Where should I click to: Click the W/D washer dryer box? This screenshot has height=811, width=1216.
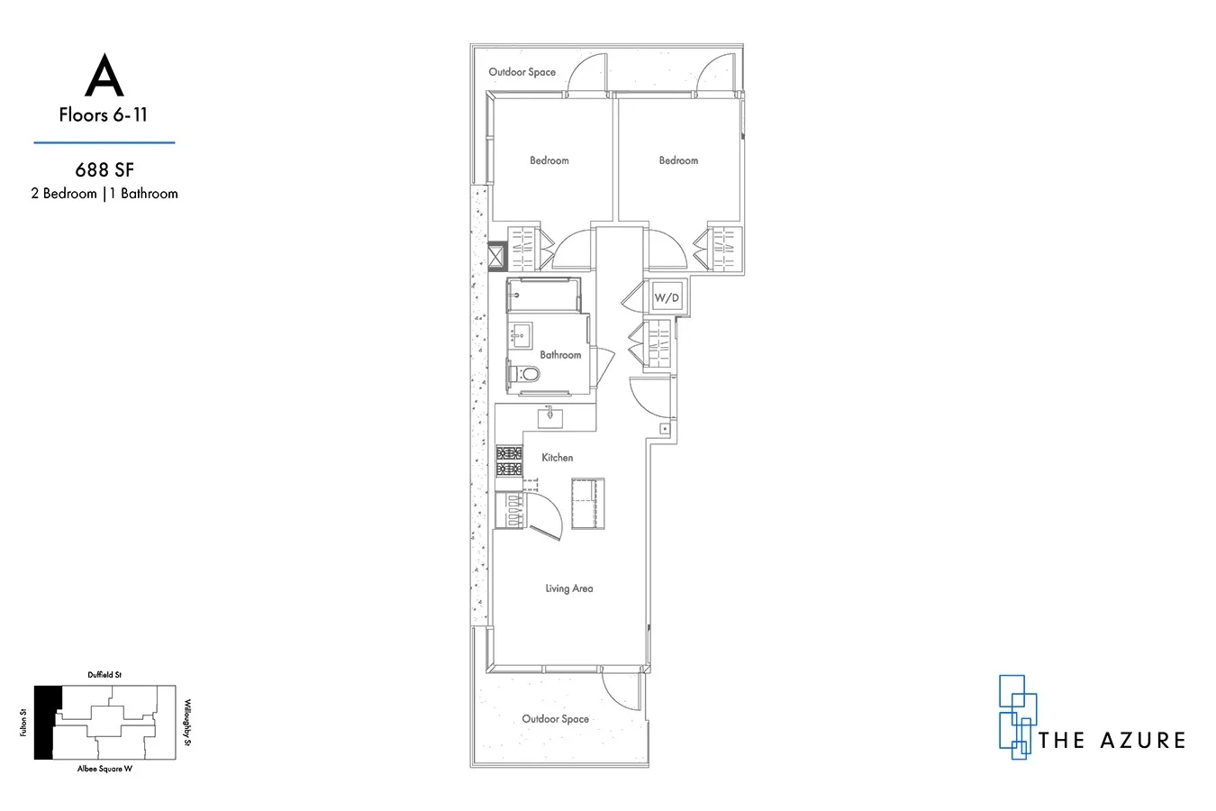click(x=667, y=297)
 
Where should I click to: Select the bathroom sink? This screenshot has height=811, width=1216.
click(x=520, y=335)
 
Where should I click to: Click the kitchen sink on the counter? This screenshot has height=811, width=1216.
click(x=550, y=416)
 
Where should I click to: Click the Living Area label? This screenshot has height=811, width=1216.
click(x=569, y=588)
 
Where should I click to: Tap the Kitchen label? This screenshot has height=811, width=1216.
click(x=557, y=458)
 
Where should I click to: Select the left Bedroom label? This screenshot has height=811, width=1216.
click(x=549, y=160)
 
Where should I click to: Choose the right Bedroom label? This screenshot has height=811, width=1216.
click(x=678, y=160)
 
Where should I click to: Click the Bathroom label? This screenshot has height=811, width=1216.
click(x=560, y=355)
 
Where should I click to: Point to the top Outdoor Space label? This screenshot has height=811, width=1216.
click(x=522, y=72)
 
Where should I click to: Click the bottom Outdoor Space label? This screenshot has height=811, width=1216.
click(x=556, y=719)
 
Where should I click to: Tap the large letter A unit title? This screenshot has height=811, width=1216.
click(x=104, y=78)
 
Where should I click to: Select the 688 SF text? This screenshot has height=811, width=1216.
click(x=104, y=169)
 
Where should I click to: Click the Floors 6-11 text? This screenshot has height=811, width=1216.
click(x=104, y=114)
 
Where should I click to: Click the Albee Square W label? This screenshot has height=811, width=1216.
click(x=104, y=770)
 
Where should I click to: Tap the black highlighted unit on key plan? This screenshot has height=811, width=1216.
click(x=46, y=721)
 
